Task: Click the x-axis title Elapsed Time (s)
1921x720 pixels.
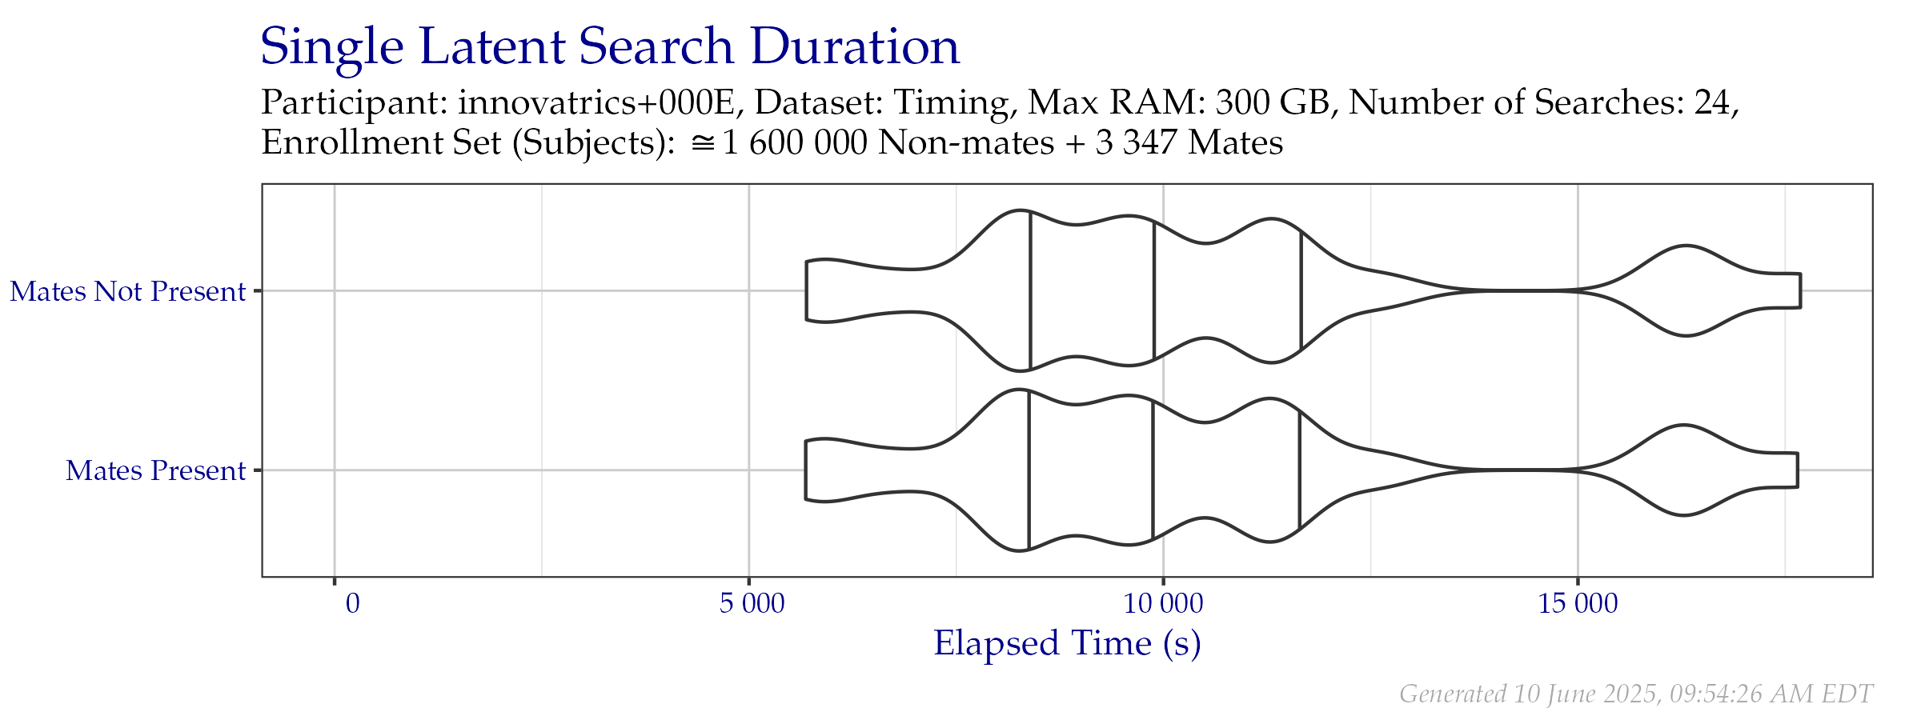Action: pos(1067,643)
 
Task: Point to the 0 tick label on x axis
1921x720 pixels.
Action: pos(352,603)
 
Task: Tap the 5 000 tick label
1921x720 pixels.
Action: pos(752,603)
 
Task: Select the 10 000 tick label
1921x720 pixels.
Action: pos(1163,603)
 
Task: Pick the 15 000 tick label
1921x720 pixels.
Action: pos(1578,603)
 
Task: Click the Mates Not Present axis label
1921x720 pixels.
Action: pos(127,291)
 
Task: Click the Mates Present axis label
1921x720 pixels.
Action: pos(155,470)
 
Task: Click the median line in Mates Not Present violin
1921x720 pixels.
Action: pos(1154,291)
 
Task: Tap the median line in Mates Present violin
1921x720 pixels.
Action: pos(1153,471)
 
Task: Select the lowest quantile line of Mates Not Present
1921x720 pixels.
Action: pos(1030,291)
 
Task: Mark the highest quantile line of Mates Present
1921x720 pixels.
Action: pos(1300,470)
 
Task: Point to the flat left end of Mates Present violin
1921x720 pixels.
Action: pos(805,470)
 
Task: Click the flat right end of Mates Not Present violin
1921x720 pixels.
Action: pos(1801,291)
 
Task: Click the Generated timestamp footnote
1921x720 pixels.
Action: pos(1637,694)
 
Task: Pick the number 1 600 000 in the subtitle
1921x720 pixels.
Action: pos(795,143)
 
